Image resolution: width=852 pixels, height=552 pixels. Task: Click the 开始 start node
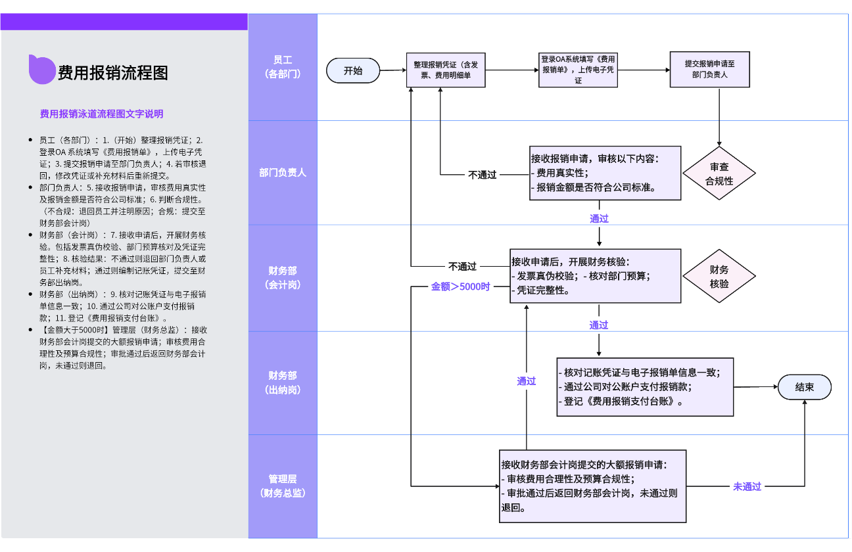click(353, 71)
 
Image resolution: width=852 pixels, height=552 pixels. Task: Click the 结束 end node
click(804, 387)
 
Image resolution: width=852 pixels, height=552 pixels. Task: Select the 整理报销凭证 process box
click(446, 70)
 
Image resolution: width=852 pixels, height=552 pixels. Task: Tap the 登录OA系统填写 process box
click(578, 70)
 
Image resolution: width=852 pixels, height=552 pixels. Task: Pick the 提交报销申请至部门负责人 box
click(709, 70)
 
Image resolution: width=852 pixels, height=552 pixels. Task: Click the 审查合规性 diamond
click(719, 174)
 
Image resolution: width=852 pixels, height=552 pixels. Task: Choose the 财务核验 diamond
click(719, 277)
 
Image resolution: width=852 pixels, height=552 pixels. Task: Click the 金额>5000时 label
click(460, 287)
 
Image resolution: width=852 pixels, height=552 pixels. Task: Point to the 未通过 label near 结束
click(747, 487)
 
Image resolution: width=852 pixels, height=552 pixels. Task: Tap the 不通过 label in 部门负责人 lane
click(482, 175)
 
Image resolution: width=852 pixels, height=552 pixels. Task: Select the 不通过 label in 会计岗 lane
click(462, 267)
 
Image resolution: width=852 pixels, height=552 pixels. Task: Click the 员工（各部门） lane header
click(283, 67)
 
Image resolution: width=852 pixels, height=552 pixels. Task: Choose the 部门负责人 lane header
click(283, 173)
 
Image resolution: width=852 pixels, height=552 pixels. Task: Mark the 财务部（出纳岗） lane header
click(283, 382)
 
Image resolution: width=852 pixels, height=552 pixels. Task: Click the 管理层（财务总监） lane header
click(283, 486)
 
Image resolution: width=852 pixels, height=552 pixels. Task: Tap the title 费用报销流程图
click(112, 72)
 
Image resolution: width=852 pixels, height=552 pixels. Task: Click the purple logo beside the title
click(41, 70)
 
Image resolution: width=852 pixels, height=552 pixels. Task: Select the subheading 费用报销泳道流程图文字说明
click(101, 114)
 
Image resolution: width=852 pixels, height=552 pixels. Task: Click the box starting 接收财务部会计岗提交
click(592, 486)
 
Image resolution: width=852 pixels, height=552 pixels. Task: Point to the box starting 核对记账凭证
click(645, 387)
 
